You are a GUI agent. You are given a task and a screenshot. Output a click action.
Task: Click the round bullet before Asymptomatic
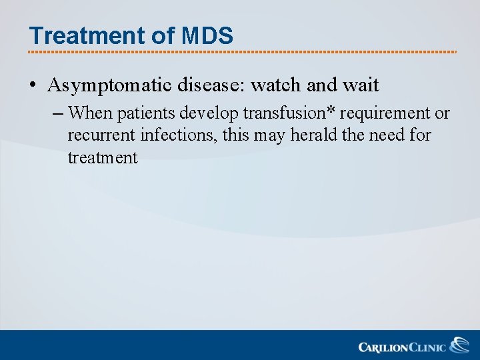tap(33, 86)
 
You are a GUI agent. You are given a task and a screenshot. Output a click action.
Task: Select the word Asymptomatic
tap(110, 86)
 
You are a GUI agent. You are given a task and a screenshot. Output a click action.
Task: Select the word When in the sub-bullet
tap(91, 113)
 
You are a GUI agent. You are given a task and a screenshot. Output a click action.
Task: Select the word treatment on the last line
tap(102, 158)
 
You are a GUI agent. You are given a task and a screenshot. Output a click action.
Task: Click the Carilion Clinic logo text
tap(401, 347)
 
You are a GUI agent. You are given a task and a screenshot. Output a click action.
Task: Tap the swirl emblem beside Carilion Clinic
tap(459, 345)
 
